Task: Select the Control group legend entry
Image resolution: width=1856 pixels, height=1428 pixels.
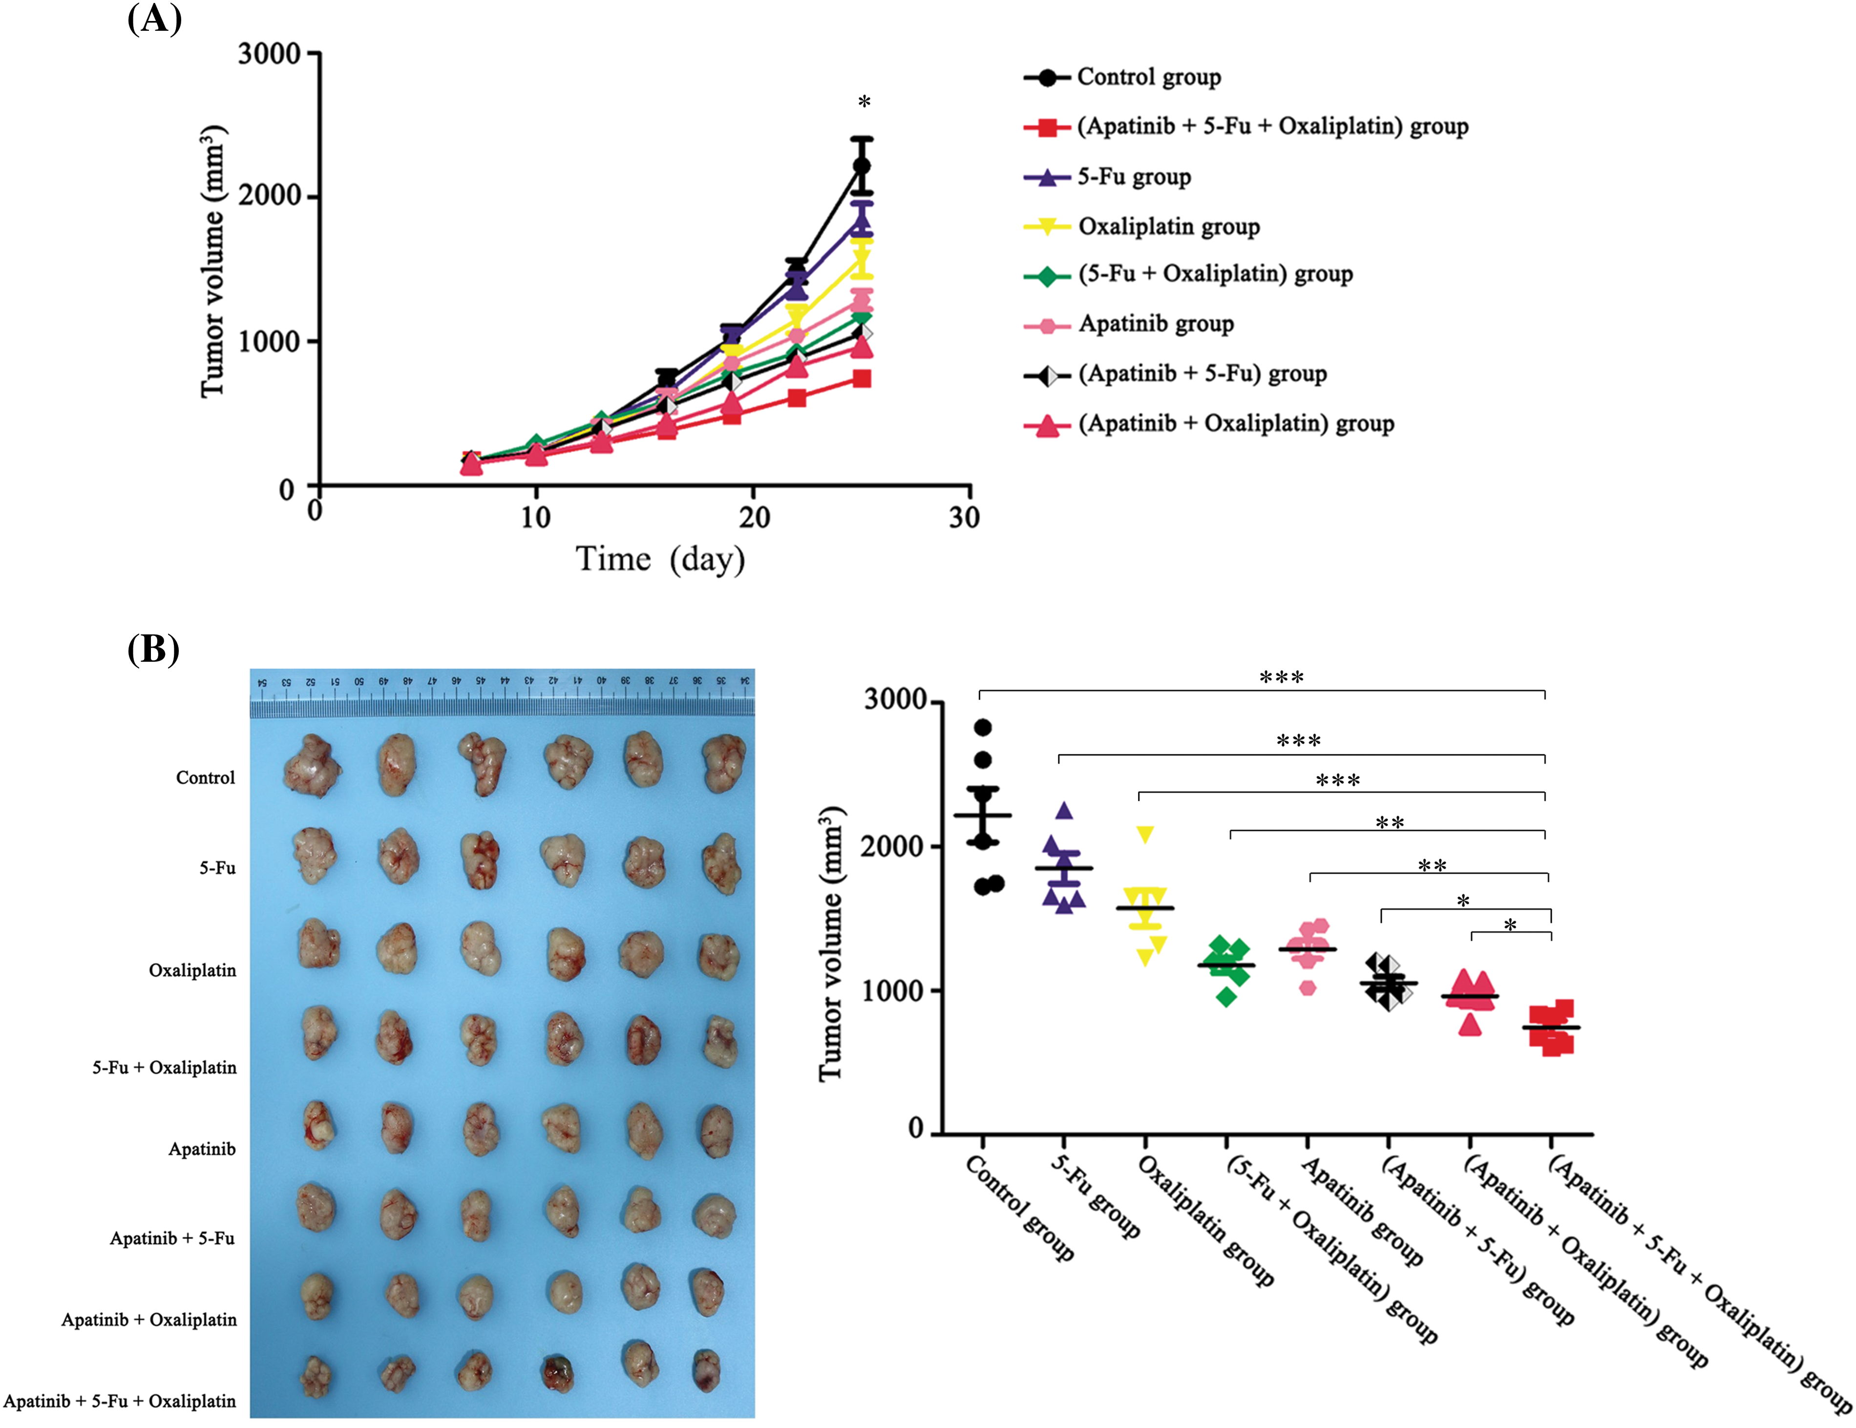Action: point(1148,77)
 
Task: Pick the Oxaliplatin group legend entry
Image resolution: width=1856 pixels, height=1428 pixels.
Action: point(1168,227)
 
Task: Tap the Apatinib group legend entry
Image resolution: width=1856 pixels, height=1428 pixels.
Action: point(1156,324)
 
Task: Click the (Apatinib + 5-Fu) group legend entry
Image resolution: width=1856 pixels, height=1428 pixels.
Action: point(1202,374)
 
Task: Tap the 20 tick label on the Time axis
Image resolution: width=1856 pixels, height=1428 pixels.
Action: point(754,517)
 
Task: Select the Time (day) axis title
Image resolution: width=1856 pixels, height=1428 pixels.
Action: point(660,560)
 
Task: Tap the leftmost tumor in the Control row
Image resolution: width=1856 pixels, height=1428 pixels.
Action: point(312,766)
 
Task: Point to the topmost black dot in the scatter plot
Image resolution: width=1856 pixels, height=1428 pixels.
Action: point(982,727)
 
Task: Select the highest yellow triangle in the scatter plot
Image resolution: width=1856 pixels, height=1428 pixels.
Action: point(1145,834)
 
